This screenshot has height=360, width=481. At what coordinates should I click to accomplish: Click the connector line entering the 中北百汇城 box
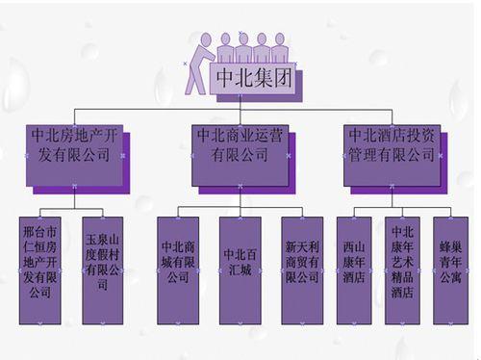pos(239,211)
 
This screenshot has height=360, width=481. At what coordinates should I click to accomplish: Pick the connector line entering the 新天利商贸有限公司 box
pos(301,211)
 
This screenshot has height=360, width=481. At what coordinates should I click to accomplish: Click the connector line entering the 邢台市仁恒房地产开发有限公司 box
pos(39,211)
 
